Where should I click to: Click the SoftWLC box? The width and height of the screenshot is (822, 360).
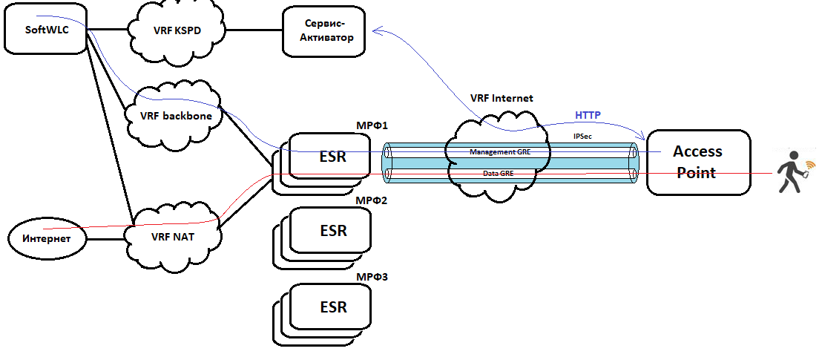(45, 30)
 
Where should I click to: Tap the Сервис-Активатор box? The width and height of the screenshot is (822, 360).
(323, 30)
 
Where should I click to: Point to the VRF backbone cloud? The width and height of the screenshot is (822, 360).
(177, 116)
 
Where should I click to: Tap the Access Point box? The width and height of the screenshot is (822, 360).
(697, 162)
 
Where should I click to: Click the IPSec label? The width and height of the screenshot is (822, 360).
(582, 137)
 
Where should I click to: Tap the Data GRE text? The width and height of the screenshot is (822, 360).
(499, 173)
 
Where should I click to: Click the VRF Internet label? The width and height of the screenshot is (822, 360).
(502, 98)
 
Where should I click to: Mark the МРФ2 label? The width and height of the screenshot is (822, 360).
(372, 200)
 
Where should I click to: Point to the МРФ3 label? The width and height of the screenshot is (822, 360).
(372, 277)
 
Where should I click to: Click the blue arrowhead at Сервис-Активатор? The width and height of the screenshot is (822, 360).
(376, 30)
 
